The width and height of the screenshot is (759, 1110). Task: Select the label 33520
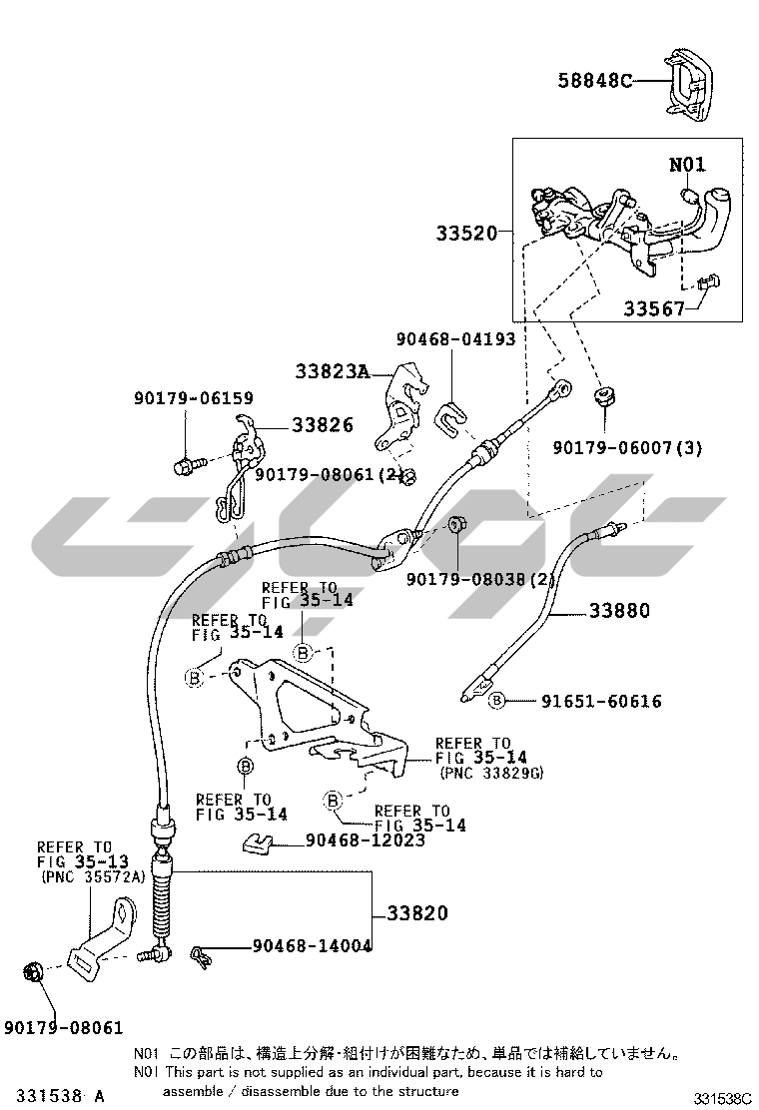pos(465,234)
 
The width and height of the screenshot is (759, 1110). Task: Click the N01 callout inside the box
pos(686,164)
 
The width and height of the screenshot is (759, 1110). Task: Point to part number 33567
pos(654,309)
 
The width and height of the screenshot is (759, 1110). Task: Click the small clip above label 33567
pos(709,285)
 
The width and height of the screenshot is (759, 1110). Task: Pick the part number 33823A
pos(332,372)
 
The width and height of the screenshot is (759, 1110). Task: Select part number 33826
pos(323,425)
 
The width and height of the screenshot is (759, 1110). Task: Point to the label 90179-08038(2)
pos(480,579)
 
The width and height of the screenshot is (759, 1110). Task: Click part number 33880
pos(618,610)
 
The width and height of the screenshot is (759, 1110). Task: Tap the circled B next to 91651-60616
pos(496,701)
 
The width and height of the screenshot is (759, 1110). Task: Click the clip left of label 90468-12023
pos(259,844)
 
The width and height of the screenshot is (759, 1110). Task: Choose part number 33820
pos(417,912)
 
